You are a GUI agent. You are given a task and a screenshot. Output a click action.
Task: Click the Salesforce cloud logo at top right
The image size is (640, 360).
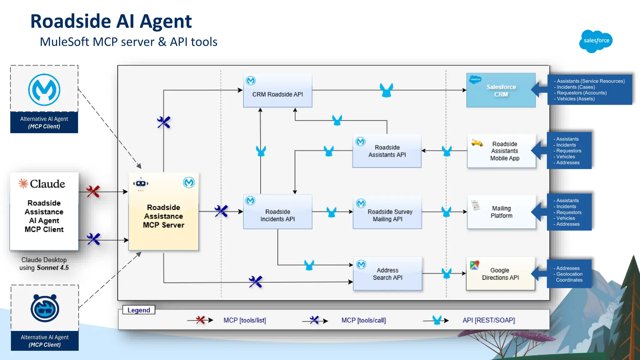click(x=596, y=41)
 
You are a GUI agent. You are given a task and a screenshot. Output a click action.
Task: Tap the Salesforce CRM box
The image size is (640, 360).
click(x=501, y=90)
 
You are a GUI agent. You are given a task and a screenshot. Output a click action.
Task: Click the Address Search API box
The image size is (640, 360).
click(x=387, y=274)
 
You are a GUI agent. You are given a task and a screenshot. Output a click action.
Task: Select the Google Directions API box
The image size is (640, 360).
click(x=500, y=274)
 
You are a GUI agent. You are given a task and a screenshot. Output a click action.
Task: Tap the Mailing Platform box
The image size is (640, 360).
click(x=501, y=212)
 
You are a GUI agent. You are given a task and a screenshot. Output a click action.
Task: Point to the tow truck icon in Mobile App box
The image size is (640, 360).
click(x=477, y=143)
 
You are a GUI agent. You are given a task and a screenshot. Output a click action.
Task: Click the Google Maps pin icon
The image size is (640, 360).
click(x=474, y=265)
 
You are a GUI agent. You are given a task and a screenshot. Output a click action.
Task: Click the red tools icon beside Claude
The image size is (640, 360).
click(x=93, y=192)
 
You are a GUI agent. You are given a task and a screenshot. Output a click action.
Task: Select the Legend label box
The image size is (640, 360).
click(x=139, y=310)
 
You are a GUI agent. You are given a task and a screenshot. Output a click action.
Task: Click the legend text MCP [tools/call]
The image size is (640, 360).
click(x=363, y=320)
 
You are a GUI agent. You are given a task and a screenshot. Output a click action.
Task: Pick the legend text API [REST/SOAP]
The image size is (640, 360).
click(x=488, y=320)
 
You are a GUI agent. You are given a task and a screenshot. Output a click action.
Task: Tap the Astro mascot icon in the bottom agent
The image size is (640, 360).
click(x=45, y=308)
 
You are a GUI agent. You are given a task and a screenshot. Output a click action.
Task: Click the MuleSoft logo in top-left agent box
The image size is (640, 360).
click(x=44, y=90)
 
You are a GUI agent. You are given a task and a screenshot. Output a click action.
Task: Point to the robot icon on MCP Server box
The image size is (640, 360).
click(x=141, y=183)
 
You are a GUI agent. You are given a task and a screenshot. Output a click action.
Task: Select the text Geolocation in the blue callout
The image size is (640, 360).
click(x=569, y=274)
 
